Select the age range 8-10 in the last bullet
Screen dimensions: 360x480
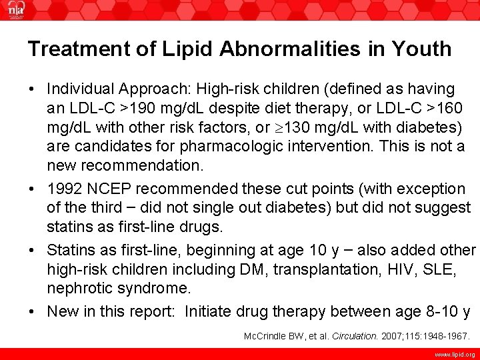(442, 311)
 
